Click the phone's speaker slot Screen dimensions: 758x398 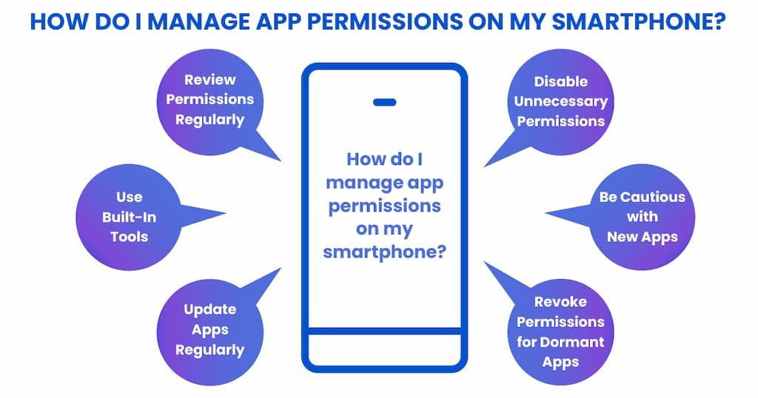385,102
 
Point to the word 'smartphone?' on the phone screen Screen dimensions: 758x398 384,252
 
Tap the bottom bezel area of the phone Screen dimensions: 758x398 385,349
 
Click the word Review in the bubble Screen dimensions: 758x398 209,80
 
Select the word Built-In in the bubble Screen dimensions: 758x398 129,217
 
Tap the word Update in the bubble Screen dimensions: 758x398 209,310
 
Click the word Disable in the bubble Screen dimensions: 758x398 561,81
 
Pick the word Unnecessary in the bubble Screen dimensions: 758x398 561,102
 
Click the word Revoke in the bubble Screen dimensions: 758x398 561,302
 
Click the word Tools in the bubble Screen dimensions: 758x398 129,237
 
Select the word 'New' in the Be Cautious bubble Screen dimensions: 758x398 621,237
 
